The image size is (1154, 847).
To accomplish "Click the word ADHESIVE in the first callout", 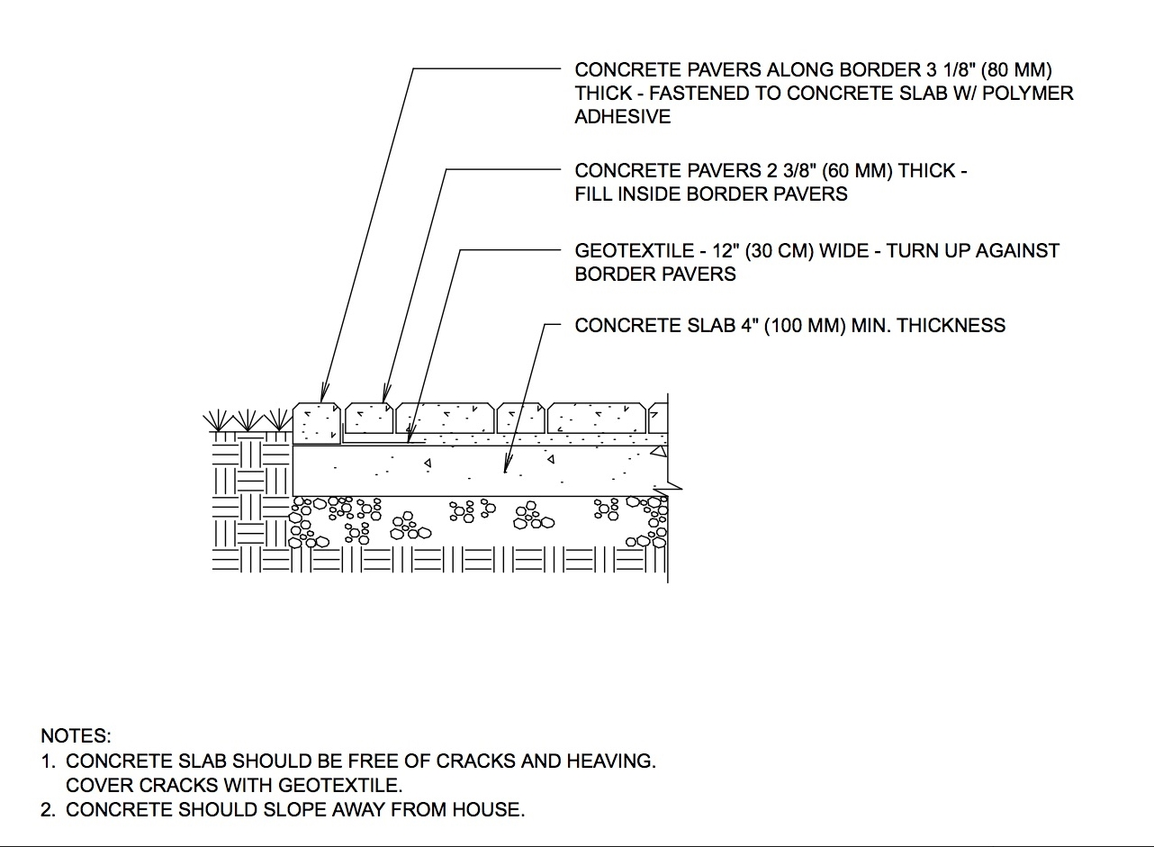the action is [x=622, y=117].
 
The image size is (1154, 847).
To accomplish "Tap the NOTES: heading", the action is [x=76, y=736].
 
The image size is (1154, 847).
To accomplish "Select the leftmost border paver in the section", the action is [x=318, y=421].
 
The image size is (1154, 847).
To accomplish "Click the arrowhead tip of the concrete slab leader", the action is [x=506, y=470].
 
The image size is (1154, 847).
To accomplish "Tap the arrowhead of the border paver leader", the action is [x=321, y=401].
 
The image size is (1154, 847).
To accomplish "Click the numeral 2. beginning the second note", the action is [x=49, y=810].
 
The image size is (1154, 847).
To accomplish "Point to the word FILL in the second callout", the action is [x=593, y=194].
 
